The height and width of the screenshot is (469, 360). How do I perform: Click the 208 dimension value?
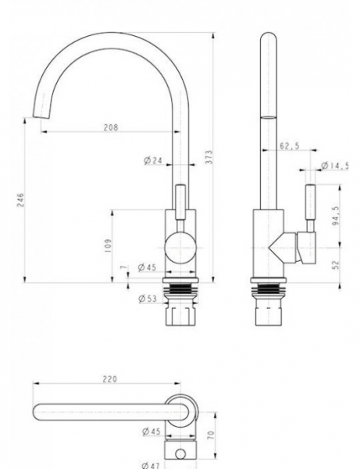[x=111, y=127]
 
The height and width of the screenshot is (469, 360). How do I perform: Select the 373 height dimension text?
[x=209, y=157]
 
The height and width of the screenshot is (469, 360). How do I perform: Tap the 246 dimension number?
[x=20, y=200]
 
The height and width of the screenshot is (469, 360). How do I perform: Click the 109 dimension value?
[x=108, y=245]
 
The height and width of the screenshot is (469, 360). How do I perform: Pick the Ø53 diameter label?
[x=148, y=299]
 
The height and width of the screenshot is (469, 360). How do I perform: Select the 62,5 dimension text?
[x=289, y=146]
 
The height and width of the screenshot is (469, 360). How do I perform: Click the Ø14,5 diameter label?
[x=334, y=166]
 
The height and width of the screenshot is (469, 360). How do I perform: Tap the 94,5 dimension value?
[x=336, y=216]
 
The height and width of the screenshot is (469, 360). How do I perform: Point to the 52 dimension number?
[x=336, y=265]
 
